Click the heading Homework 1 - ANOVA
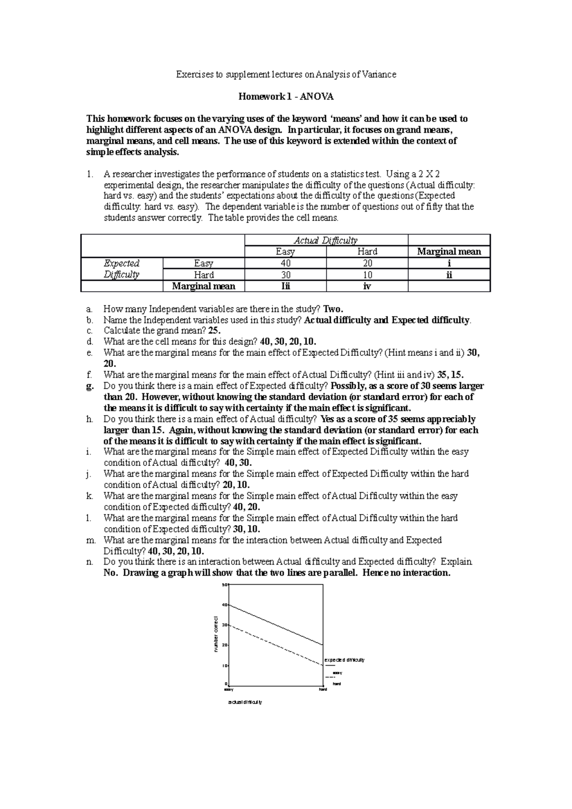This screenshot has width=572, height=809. [286, 97]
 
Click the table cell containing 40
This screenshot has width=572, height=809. [285, 263]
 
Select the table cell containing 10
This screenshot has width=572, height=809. [367, 275]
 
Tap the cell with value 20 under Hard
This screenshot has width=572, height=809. [367, 263]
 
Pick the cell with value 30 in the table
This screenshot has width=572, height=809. [285, 275]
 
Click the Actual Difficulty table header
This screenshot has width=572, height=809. [326, 240]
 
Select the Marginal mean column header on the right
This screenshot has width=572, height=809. [449, 252]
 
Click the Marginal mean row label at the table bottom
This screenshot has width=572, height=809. [204, 286]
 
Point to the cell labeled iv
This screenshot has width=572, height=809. [367, 286]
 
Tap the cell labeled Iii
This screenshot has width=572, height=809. [285, 286]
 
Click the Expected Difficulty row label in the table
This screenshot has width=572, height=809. [122, 269]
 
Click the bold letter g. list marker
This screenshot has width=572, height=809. [90, 386]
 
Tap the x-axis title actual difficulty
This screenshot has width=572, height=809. [245, 702]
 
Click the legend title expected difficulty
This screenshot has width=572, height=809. [344, 660]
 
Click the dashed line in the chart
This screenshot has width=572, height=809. [276, 645]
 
